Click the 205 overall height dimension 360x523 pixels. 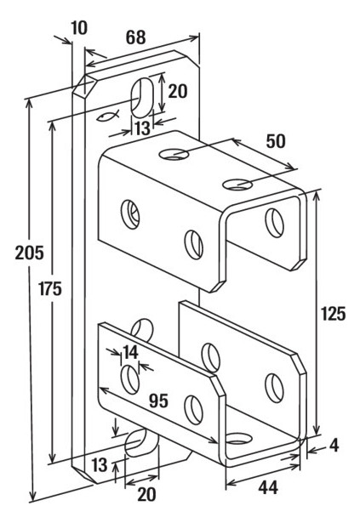(x=30, y=253)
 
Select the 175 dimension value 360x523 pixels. (x=50, y=288)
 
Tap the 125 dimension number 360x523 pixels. (x=333, y=314)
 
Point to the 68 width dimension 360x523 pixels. (x=136, y=37)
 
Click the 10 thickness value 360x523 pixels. (x=79, y=28)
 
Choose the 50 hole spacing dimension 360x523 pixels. (x=276, y=141)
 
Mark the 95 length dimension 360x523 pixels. (x=158, y=401)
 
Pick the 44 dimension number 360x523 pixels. (x=268, y=488)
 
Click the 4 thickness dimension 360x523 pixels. (x=334, y=446)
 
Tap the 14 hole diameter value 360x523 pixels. (x=131, y=352)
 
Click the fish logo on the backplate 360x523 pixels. (x=107, y=116)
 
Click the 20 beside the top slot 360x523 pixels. (x=178, y=91)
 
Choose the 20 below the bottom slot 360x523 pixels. (x=146, y=494)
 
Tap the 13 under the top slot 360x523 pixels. (x=143, y=128)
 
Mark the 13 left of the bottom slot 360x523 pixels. (x=100, y=464)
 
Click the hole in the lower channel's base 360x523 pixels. (x=239, y=438)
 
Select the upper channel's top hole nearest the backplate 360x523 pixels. (x=174, y=154)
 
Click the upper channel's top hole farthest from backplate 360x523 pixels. (x=237, y=185)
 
